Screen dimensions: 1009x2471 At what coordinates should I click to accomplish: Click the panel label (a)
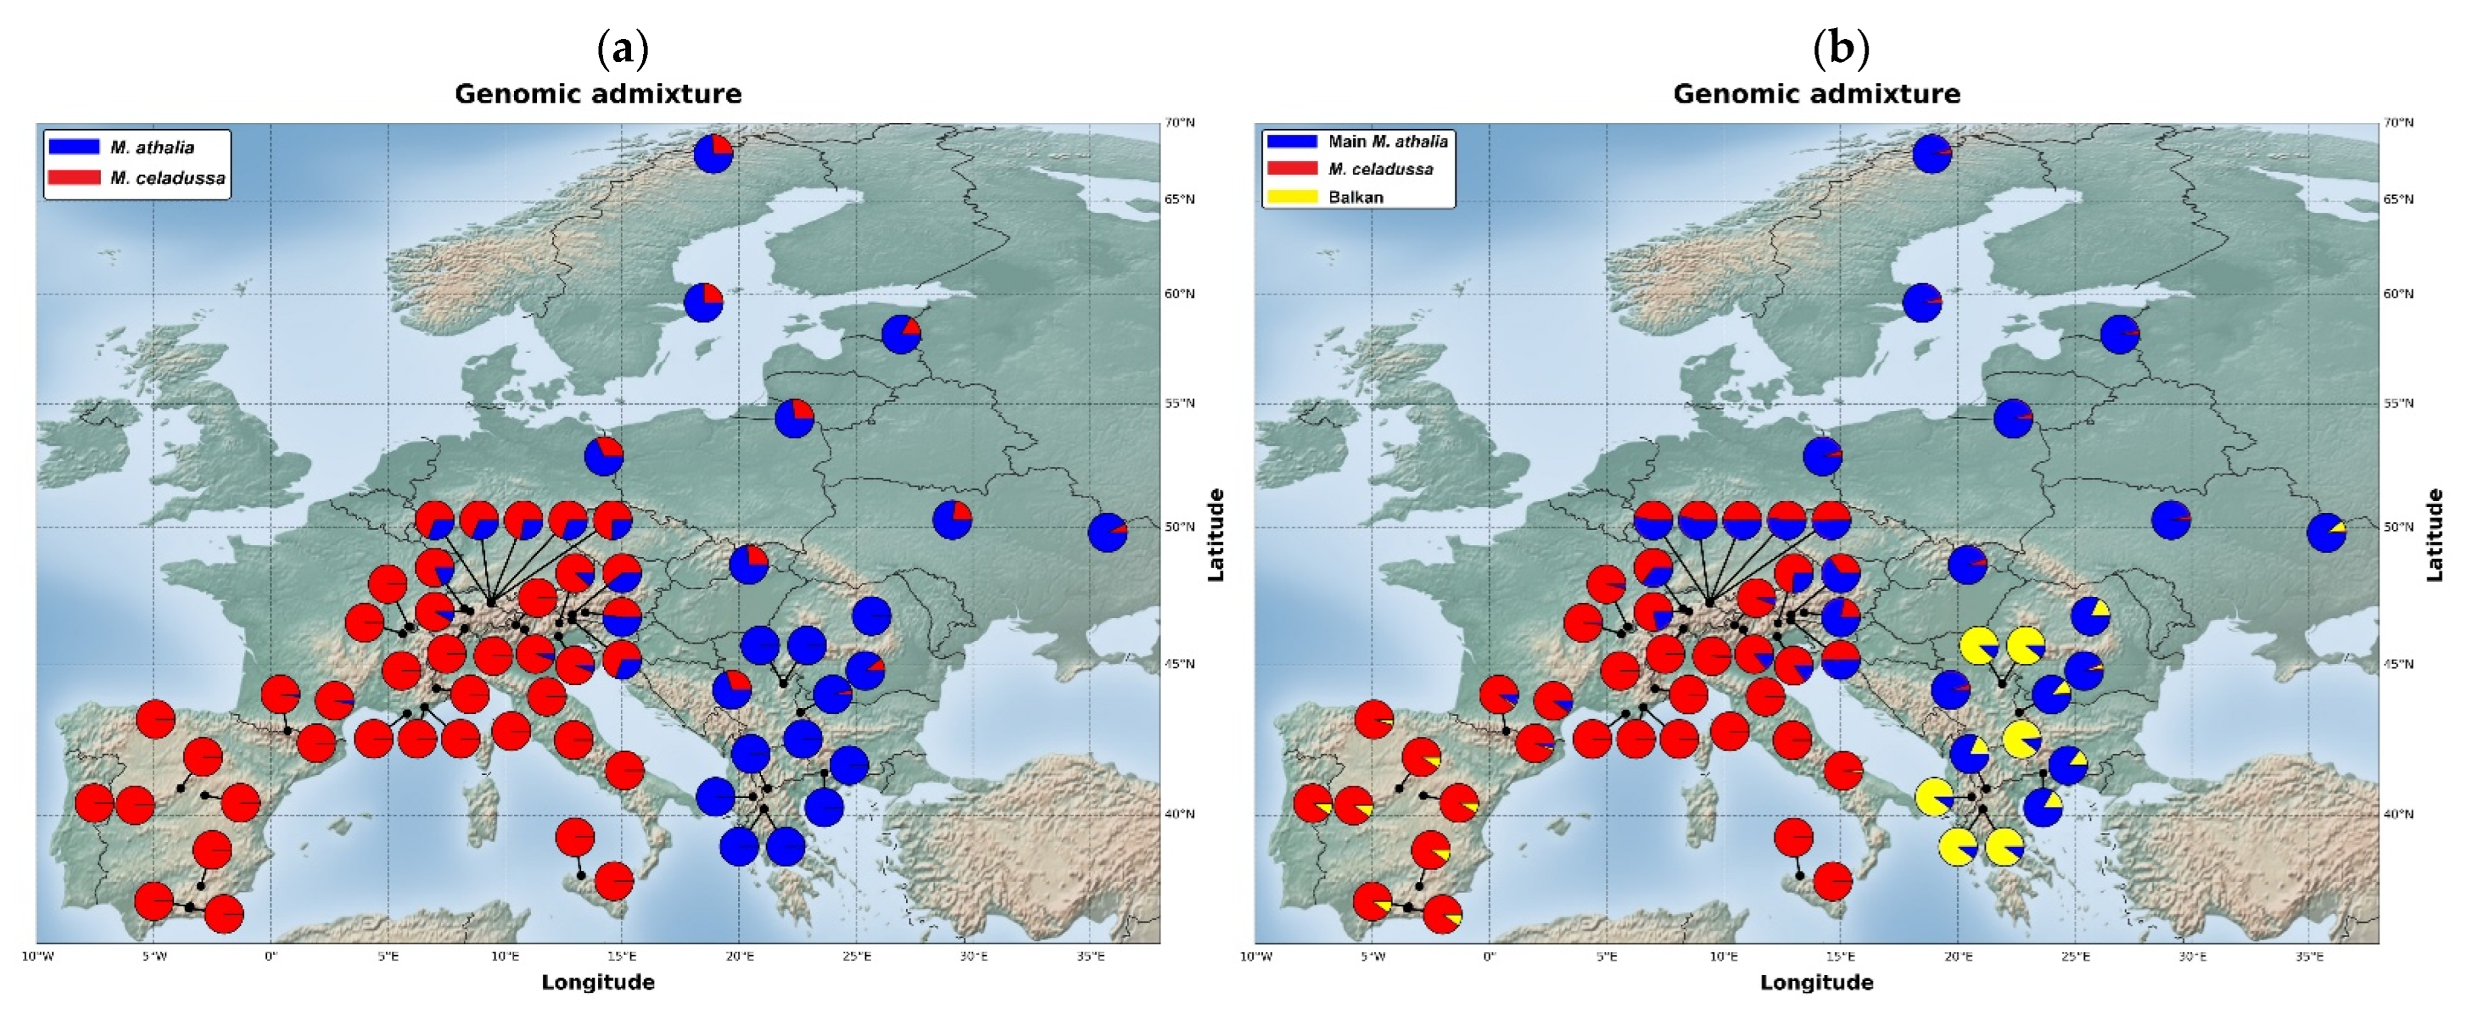[623, 48]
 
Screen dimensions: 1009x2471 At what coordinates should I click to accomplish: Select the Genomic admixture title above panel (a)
[598, 94]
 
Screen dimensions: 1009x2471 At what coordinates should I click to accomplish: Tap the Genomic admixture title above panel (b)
[1816, 94]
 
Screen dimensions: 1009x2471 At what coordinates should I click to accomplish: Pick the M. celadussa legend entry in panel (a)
[167, 178]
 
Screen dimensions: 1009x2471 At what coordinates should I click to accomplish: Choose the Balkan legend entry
[1355, 197]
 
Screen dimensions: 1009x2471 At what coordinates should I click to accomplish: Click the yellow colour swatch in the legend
[1291, 197]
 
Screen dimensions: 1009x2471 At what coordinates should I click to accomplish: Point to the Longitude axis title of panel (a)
[598, 982]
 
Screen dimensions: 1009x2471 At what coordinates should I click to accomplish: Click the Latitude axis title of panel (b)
[2434, 534]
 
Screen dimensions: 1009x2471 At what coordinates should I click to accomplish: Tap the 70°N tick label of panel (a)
[1179, 123]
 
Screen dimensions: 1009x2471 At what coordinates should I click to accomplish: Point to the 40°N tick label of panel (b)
[2398, 814]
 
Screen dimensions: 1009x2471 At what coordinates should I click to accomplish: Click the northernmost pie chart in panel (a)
[713, 153]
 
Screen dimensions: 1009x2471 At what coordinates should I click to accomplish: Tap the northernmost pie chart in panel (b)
[1931, 153]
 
